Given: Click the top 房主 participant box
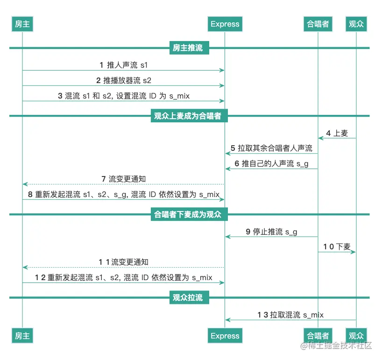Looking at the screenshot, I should point(22,24).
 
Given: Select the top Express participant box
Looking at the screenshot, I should point(225,24).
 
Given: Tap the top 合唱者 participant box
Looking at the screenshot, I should point(318,24).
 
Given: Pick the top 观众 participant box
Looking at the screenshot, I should point(356,24).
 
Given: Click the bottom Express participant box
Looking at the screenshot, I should point(225,336).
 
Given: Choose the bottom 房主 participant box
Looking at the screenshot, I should point(22,336).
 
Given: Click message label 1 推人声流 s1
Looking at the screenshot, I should point(124,65).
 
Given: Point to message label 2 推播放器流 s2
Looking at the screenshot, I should point(124,80).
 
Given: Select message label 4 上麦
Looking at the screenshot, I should point(337,133).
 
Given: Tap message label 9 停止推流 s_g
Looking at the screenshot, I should point(271,232).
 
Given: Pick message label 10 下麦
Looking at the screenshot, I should point(337,247).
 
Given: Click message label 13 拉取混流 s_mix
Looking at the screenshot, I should point(290,315).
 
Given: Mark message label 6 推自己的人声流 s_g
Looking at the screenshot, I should point(271,164).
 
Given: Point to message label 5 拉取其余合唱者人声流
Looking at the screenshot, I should point(271,148).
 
